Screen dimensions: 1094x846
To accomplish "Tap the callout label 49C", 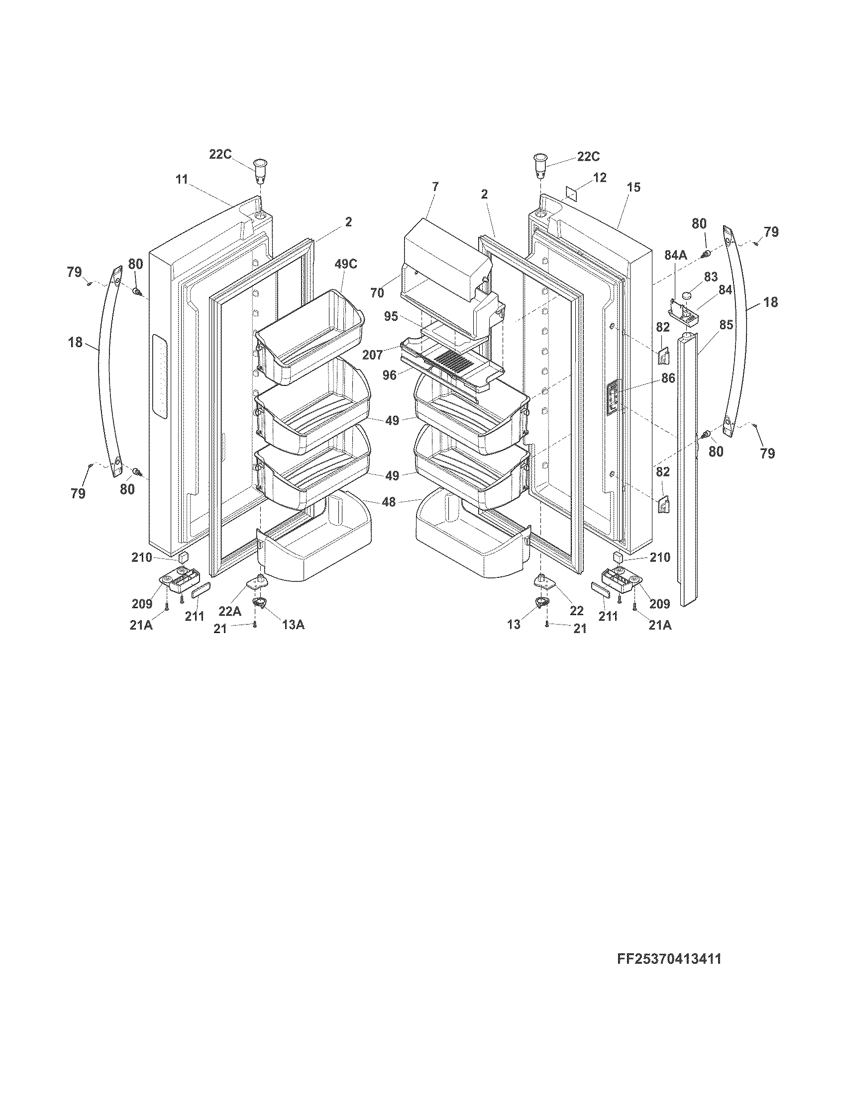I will [x=346, y=264].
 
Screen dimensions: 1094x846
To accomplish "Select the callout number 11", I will [x=182, y=179].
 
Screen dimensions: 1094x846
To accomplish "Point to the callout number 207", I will [x=373, y=355].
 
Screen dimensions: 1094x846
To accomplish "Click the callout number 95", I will [x=391, y=317].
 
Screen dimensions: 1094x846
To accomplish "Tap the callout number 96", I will [x=390, y=374].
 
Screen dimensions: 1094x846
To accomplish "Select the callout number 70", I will [x=377, y=292].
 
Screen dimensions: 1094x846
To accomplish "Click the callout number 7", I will [x=434, y=186].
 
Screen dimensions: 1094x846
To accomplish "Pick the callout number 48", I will [x=389, y=501].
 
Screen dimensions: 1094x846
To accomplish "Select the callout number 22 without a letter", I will [x=576, y=611].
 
